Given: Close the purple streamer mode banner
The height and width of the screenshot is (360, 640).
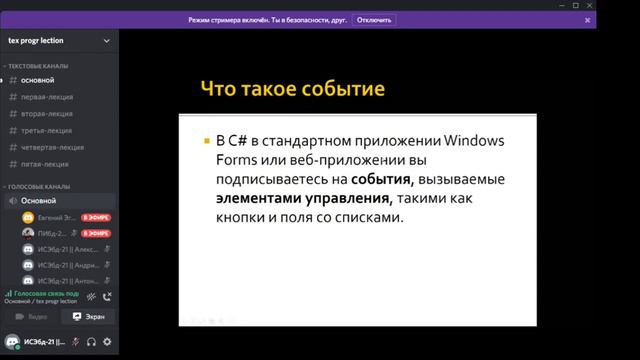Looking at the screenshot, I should click(x=587, y=20).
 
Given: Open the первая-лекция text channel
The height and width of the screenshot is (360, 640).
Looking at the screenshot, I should click(x=47, y=97).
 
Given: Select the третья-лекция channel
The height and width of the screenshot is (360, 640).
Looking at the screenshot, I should click(x=46, y=130).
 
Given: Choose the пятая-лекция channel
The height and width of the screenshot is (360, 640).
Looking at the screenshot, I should click(x=45, y=164).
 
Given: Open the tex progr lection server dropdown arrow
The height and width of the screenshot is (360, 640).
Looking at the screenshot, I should click(x=107, y=42).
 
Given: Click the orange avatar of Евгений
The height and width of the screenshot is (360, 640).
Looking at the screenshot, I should click(x=28, y=217).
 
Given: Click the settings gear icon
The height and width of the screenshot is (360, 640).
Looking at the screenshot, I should click(x=107, y=341).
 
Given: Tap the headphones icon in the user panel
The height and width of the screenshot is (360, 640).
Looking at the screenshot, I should click(x=91, y=341).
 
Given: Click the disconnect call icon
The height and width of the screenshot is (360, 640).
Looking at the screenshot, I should click(x=107, y=296).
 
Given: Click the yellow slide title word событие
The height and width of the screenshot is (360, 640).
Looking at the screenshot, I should click(x=343, y=90).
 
